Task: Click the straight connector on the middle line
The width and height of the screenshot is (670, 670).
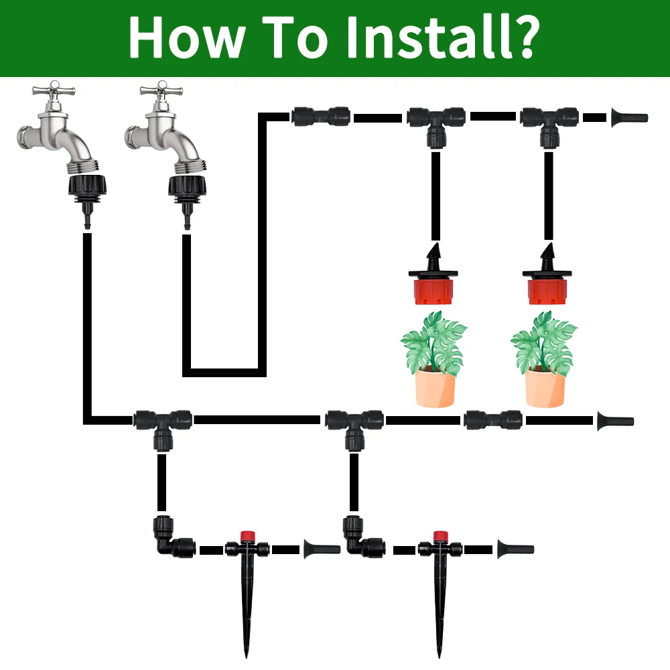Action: pyautogui.click(x=492, y=420)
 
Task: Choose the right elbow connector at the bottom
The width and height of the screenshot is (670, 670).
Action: pyautogui.click(x=362, y=539)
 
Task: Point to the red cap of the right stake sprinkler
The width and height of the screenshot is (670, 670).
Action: pyautogui.click(x=440, y=535)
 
